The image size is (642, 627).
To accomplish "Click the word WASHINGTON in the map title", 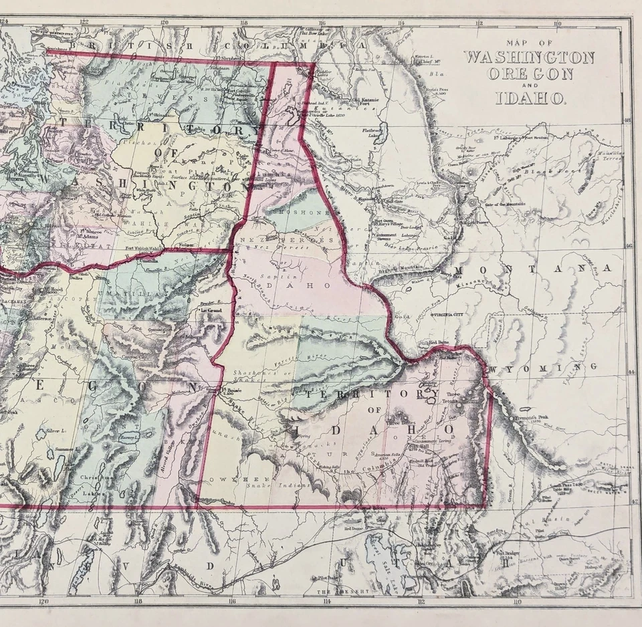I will (529, 57).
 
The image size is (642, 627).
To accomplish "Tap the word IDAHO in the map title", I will (530, 99).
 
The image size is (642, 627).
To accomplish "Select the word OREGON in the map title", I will (530, 74).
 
